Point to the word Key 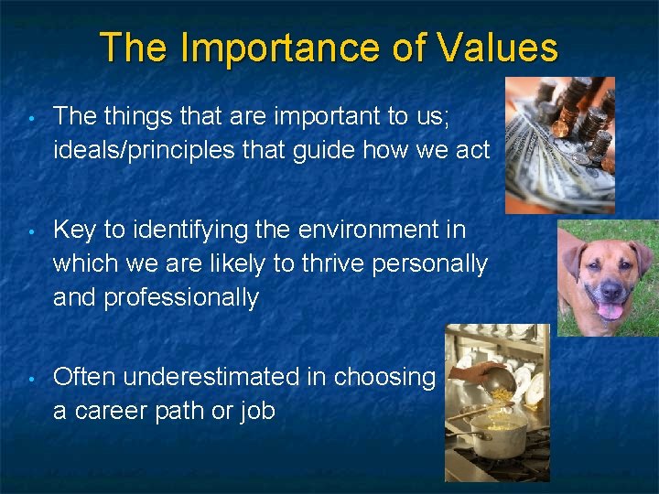(74, 229)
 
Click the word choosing (384, 377)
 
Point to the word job (256, 412)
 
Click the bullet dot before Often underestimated (31, 378)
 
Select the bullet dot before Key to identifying (31, 230)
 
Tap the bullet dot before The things (31, 116)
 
